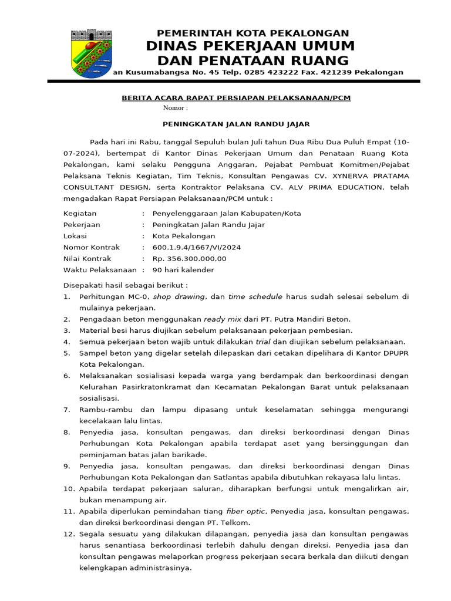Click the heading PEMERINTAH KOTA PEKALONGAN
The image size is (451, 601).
pyautogui.click(x=253, y=33)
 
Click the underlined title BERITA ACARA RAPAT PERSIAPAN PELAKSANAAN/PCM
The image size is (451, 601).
pyautogui.click(x=235, y=98)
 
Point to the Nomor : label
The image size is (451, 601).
pyautogui.click(x=175, y=109)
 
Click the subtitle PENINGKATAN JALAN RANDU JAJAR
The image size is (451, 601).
pyautogui.click(x=235, y=124)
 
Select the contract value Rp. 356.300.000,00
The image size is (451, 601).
pyautogui.click(x=189, y=258)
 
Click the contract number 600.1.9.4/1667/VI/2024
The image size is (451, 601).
pyautogui.click(x=196, y=247)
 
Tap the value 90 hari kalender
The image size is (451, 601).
pyautogui.click(x=183, y=270)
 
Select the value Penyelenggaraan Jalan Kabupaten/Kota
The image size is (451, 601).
pyautogui.click(x=226, y=214)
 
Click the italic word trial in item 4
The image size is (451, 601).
pyautogui.click(x=262, y=342)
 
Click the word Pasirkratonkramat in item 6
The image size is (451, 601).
pyautogui.click(x=150, y=387)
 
